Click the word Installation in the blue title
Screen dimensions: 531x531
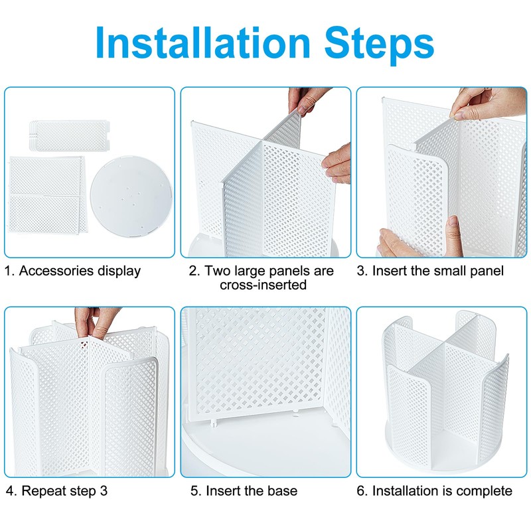coord(203,42)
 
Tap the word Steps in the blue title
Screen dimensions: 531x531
coord(379,45)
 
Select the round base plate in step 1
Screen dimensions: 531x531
coord(131,196)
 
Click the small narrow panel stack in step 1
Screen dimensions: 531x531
coord(70,135)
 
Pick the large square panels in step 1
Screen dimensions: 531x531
coord(46,194)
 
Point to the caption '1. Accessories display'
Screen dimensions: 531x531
coord(72,271)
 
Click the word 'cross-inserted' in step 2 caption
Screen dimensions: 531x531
coord(263,285)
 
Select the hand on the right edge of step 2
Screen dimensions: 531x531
coord(337,163)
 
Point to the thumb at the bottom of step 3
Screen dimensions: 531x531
coord(454,236)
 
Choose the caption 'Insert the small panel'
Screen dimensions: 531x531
coord(438,271)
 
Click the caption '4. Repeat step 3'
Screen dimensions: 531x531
coord(56,491)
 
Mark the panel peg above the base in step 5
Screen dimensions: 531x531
coord(213,422)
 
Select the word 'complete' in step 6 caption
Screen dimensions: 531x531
coord(485,491)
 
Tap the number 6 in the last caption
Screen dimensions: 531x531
coord(360,491)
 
